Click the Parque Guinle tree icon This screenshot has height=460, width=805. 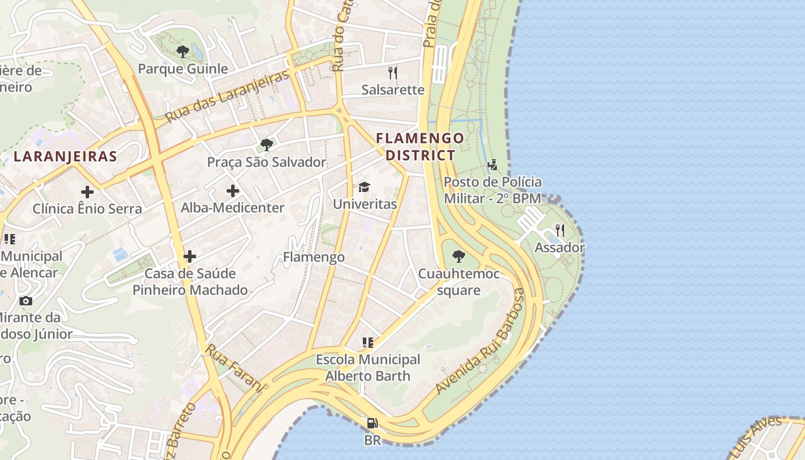183,52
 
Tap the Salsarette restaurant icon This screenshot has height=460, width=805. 393,72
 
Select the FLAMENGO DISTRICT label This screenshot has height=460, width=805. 420,147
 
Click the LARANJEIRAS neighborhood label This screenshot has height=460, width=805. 66,156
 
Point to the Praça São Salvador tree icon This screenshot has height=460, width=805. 266,144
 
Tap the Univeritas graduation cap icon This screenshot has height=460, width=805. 365,187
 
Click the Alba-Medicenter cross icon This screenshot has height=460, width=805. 233,191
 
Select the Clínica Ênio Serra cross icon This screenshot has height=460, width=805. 87,192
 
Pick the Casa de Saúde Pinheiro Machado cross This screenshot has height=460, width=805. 190,256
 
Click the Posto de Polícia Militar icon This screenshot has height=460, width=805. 492,166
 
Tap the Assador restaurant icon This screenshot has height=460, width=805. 559,231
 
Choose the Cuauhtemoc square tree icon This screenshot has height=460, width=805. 458,256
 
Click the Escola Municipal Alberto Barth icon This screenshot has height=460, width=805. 368,343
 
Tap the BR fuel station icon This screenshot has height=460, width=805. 373,424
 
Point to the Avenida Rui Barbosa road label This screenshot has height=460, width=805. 481,342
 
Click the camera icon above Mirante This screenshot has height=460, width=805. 25,301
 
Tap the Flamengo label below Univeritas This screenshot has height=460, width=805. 314,257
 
